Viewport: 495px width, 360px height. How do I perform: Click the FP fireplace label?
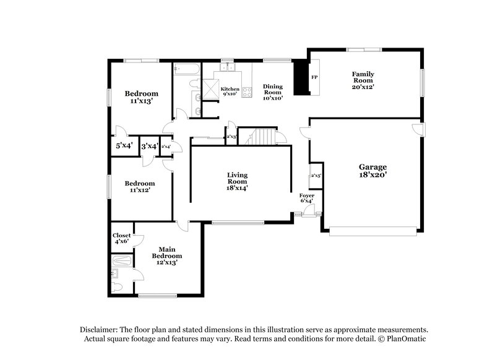point(314,78)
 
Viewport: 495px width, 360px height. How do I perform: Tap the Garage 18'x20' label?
point(373,171)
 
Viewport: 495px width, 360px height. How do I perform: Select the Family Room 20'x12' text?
point(363,80)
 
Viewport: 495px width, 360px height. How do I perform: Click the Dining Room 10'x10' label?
point(272,92)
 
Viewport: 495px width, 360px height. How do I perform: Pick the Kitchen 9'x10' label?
point(230,92)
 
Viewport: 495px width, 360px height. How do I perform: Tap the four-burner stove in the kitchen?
point(246,93)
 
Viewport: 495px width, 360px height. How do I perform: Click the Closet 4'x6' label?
point(121,239)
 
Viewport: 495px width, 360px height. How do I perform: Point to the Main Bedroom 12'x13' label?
point(167,255)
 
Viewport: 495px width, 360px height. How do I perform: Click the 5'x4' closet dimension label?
point(124,147)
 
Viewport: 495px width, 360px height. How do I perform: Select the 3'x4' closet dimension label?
point(149,147)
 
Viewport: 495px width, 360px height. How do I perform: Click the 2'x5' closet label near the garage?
point(316,176)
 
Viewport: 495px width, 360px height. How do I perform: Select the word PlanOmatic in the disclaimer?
point(405,339)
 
